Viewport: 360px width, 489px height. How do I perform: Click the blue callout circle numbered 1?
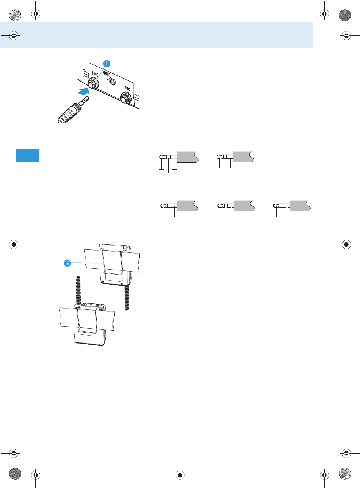point(106,64)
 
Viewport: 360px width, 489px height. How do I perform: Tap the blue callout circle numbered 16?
point(67,263)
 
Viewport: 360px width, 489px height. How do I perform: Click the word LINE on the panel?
point(95,74)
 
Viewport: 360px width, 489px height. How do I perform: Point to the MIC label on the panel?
point(127,88)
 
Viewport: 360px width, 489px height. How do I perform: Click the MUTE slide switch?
point(112,81)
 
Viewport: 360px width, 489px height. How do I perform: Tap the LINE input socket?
point(94,84)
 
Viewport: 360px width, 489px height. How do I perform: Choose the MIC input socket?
point(126,98)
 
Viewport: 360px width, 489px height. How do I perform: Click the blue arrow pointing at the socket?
point(84,91)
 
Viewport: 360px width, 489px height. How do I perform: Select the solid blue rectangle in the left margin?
point(28,155)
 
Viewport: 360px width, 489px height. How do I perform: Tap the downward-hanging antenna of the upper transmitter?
point(127,297)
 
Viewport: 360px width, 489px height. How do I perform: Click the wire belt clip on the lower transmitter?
point(87,322)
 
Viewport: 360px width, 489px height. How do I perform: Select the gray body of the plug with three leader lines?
point(187,157)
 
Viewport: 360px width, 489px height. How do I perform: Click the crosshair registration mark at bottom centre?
point(180,475)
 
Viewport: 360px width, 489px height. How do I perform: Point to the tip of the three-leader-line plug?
point(161,157)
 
